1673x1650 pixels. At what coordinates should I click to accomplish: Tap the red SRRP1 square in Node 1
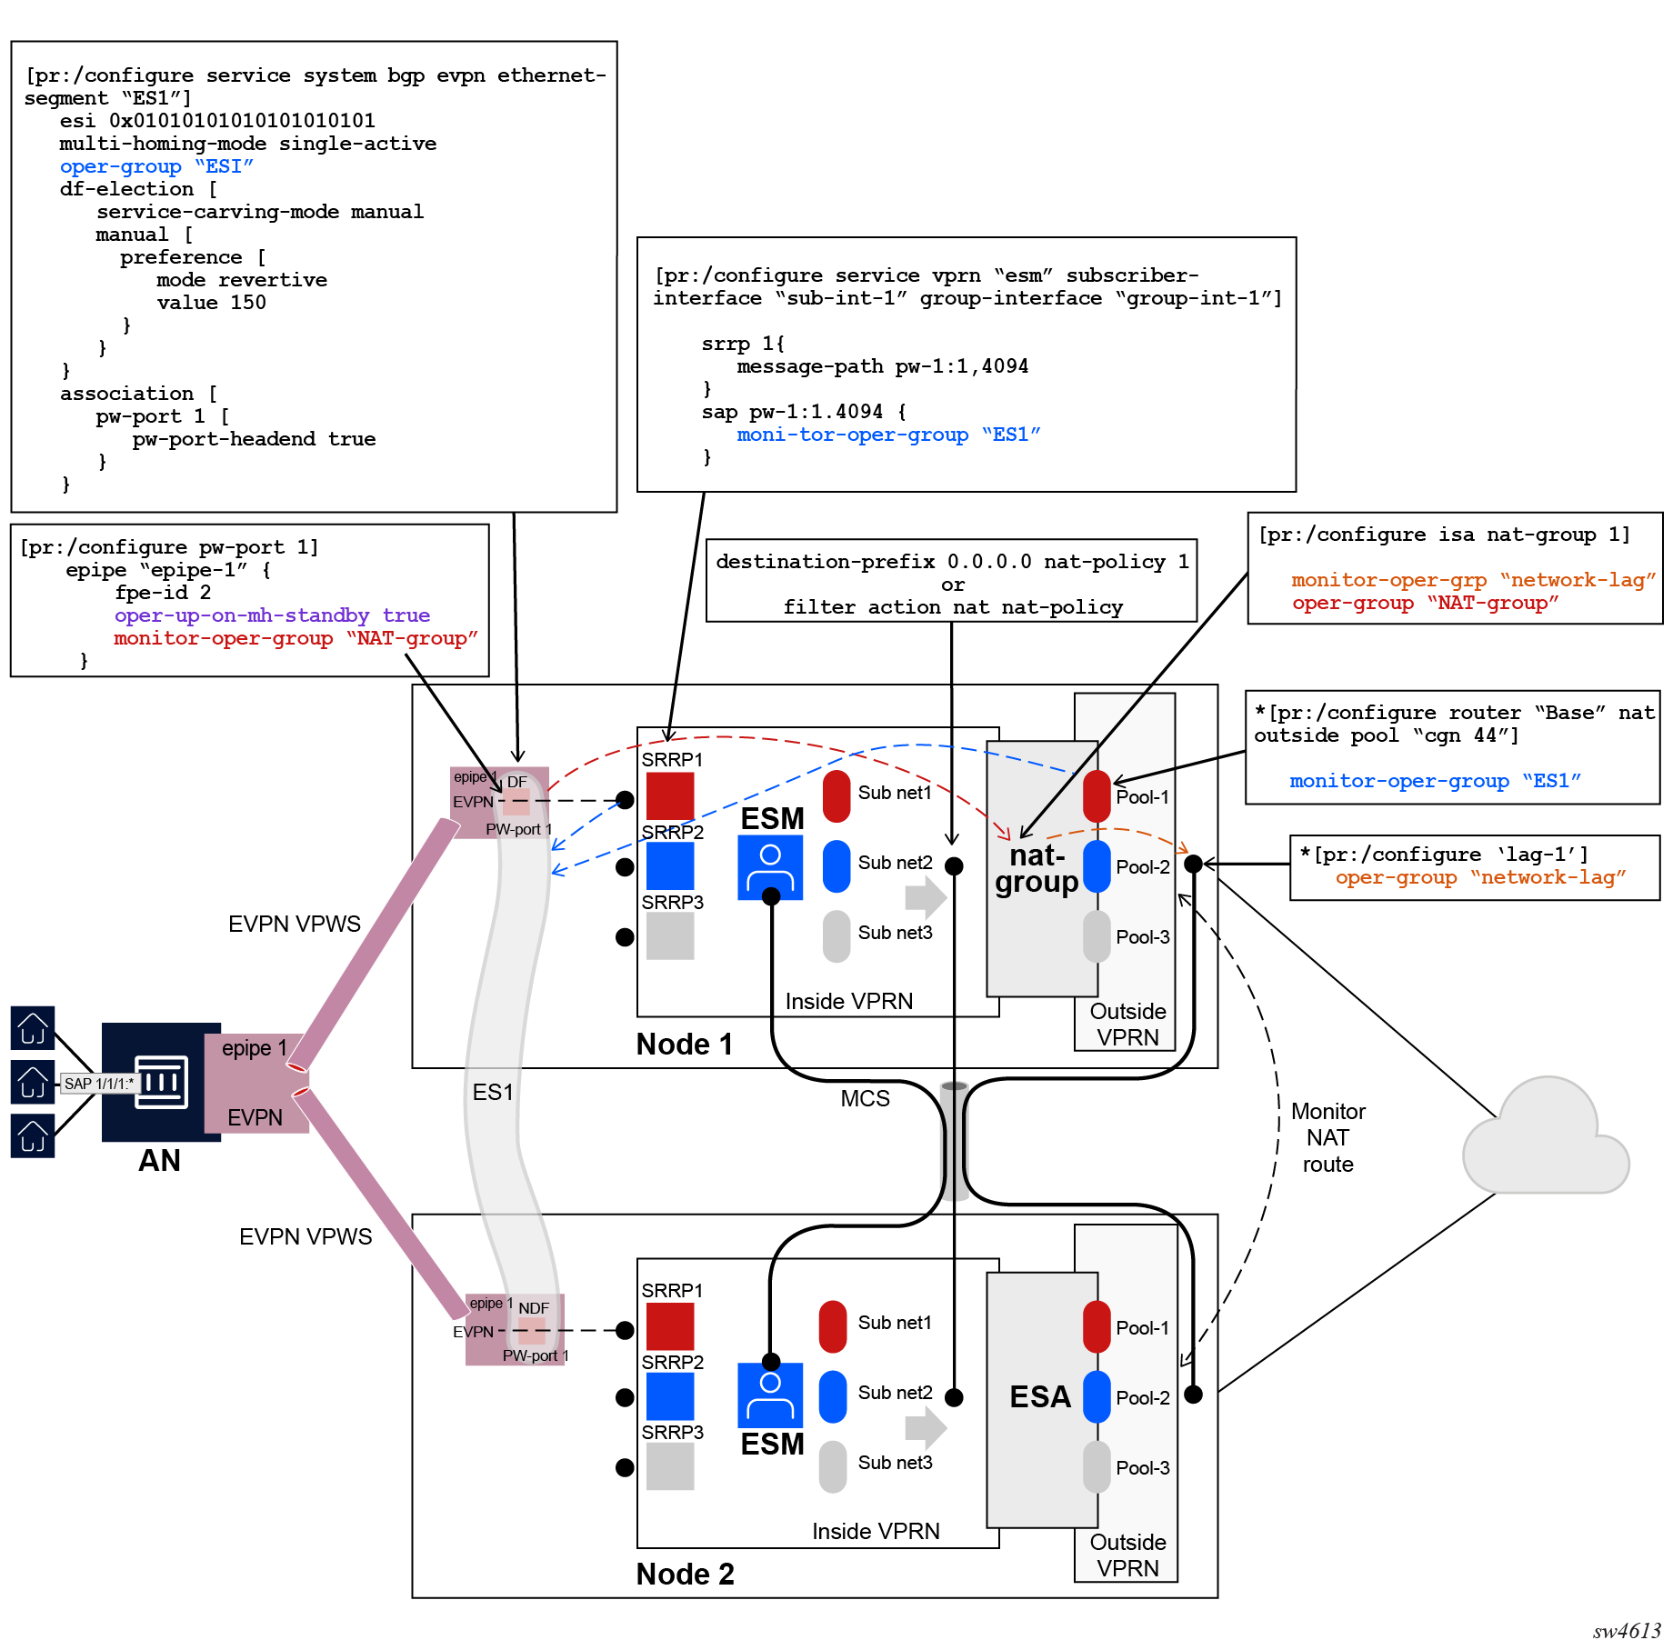pos(670,795)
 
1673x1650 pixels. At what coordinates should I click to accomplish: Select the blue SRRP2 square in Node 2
pos(670,1396)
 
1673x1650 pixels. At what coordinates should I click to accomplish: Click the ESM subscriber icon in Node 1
pos(770,867)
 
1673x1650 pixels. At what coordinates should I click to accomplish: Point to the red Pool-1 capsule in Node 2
pos(1097,1326)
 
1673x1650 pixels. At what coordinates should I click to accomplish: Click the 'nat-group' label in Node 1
pos(1037,868)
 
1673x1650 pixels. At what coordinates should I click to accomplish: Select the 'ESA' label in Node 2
pos(1040,1396)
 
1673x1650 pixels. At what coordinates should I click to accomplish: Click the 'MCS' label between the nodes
pos(865,1098)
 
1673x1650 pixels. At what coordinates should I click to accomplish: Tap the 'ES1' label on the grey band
pos(493,1092)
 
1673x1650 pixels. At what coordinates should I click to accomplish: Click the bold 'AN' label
pos(159,1161)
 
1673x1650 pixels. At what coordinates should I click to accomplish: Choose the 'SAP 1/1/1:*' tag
pos(99,1084)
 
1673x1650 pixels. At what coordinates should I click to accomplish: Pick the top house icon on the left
pos(33,1028)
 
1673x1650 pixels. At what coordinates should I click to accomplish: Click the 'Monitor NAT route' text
pos(1328,1137)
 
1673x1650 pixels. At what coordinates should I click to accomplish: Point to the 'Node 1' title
pos(684,1045)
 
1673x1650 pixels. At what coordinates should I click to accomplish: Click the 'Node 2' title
pos(685,1574)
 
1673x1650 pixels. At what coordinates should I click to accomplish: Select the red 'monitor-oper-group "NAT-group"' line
pos(296,638)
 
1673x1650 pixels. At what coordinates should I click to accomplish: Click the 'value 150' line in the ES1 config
pos(211,303)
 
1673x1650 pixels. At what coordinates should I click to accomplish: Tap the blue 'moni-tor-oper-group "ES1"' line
pos(888,435)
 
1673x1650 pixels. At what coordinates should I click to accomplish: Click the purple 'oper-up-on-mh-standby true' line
pos(272,615)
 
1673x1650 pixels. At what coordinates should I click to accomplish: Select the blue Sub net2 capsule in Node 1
pos(836,865)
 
